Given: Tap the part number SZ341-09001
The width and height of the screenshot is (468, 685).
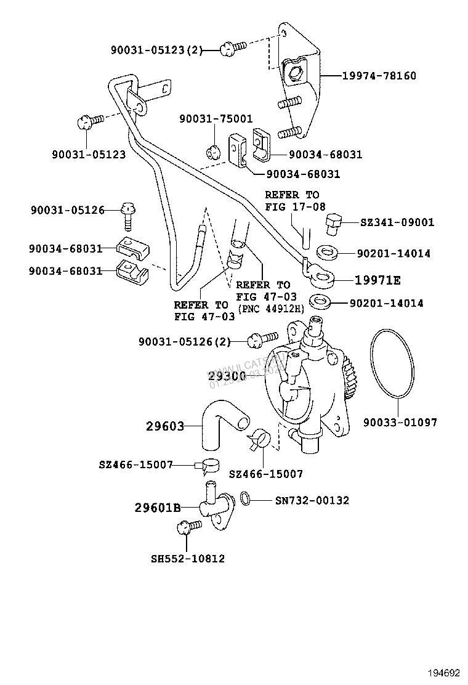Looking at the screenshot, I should [x=397, y=222].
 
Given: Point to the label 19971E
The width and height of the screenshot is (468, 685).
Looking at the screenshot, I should [x=377, y=280].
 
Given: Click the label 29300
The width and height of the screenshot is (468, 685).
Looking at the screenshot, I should [x=227, y=375].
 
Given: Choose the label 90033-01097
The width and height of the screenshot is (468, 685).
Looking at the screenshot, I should [x=400, y=423].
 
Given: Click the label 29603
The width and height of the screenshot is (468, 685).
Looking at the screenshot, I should [x=165, y=425].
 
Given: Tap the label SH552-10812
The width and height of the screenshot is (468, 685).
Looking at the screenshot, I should [x=188, y=559].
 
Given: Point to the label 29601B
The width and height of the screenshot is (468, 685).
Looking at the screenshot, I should [x=158, y=508].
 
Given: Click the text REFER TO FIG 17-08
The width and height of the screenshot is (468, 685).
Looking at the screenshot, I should [x=294, y=201].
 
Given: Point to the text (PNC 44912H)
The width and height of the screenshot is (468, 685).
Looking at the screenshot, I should [x=270, y=308].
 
